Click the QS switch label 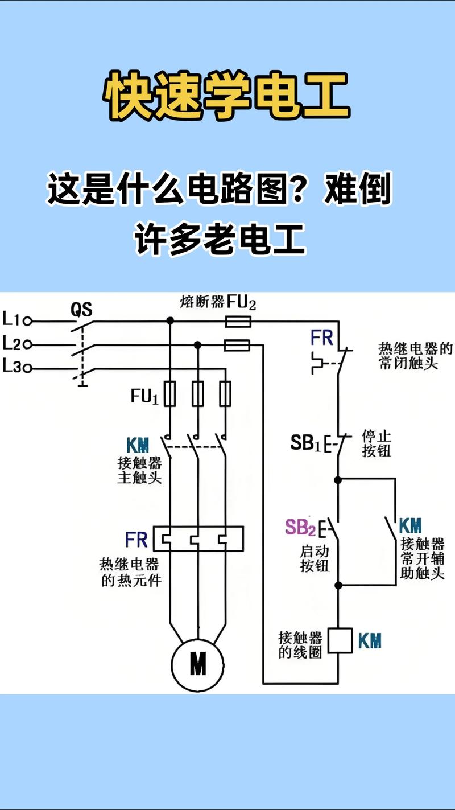pyautogui.click(x=81, y=310)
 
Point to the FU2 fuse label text pyautogui.click(x=241, y=302)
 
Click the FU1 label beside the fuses pyautogui.click(x=144, y=396)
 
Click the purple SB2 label pyautogui.click(x=300, y=528)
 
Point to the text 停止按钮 pyautogui.click(x=377, y=444)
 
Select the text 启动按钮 pyautogui.click(x=315, y=560)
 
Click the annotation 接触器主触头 pyautogui.click(x=139, y=470)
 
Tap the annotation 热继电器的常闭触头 pyautogui.click(x=416, y=356)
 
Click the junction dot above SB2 pyautogui.click(x=338, y=480)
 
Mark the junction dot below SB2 pyautogui.click(x=338, y=585)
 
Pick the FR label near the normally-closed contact pyautogui.click(x=322, y=338)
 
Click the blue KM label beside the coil pyautogui.click(x=370, y=641)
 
